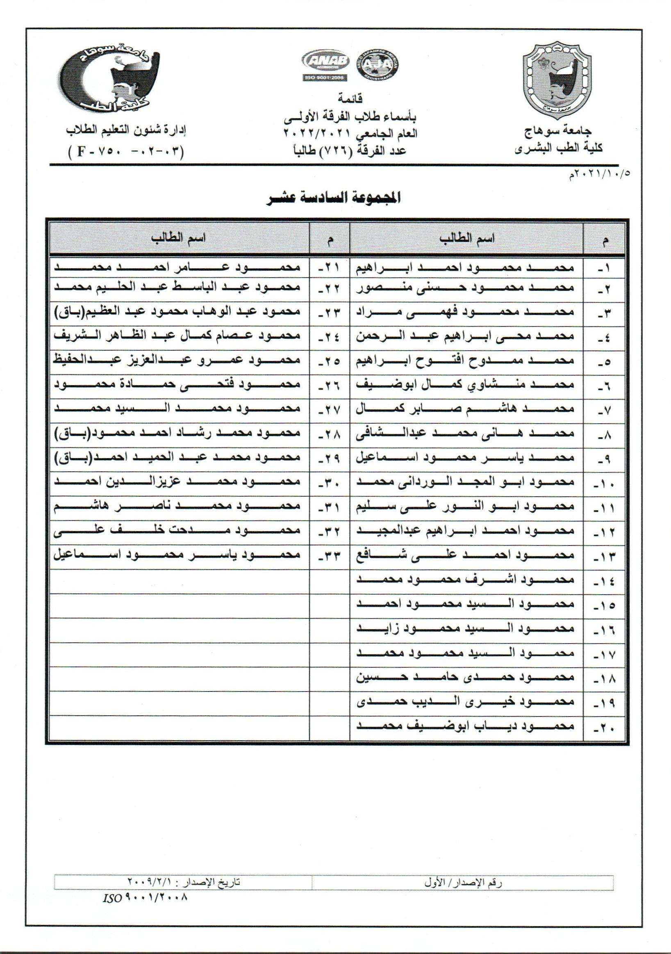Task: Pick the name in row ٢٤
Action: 177,336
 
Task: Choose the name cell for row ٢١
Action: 177,267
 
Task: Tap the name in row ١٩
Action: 466,703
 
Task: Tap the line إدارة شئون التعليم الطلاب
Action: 126,130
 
